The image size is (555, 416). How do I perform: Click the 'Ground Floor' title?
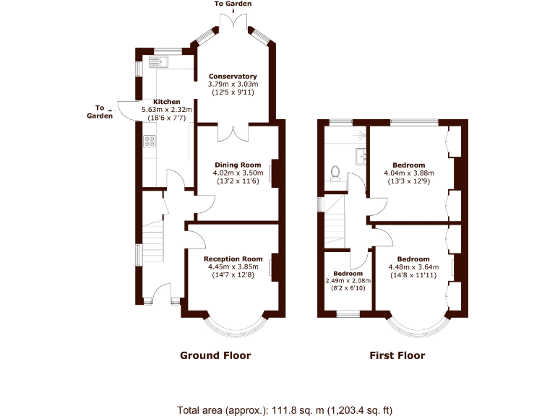215,355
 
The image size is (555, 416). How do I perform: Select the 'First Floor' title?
397,355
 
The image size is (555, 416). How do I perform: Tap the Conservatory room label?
233,76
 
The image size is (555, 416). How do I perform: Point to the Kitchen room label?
166,102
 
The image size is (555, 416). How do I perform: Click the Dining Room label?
237,165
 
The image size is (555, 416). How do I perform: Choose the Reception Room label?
233,259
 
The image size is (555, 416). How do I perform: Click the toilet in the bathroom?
335,173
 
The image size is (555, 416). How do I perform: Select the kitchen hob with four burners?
150,142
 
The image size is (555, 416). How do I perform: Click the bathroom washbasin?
360,155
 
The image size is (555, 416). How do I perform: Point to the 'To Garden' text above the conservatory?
233,4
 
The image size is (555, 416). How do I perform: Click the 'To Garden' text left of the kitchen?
100,111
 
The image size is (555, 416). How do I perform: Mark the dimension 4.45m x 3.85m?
233,266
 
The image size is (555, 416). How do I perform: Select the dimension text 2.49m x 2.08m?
348,281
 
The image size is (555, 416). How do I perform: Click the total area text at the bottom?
285,409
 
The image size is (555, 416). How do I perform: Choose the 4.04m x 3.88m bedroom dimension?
408,173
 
